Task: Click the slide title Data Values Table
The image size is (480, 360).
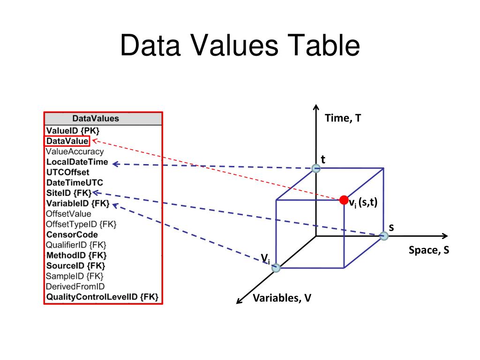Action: click(240, 45)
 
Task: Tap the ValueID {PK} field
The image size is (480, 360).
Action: click(73, 131)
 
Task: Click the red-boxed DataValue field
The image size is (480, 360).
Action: click(67, 141)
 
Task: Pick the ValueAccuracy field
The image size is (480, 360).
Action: click(75, 151)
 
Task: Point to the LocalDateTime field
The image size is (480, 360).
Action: click(77, 162)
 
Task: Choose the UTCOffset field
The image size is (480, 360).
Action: click(67, 172)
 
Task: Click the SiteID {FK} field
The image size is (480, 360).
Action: click(69, 193)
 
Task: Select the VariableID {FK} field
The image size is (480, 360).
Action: click(78, 203)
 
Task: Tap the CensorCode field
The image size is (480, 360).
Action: click(72, 235)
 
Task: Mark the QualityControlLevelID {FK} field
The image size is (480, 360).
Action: click(102, 297)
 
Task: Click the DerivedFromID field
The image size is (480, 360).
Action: click(75, 286)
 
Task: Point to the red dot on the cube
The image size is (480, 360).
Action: click(344, 200)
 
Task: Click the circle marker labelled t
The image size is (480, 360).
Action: click(316, 168)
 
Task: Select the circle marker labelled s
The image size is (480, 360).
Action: click(384, 236)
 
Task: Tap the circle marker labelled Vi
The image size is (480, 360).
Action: click(276, 268)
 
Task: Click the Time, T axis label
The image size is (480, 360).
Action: click(343, 118)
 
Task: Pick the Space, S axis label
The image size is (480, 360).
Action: click(429, 250)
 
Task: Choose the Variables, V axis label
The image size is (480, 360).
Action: click(282, 298)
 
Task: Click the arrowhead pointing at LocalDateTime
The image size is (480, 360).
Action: click(115, 164)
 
